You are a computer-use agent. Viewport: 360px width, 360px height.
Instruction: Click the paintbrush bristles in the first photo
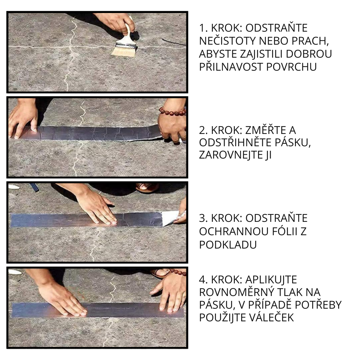point(124,51)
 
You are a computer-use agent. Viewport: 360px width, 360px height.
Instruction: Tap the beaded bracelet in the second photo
point(172,112)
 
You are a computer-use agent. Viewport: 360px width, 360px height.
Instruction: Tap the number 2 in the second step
point(202,130)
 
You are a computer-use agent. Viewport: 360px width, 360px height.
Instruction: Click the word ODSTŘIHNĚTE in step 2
point(234,143)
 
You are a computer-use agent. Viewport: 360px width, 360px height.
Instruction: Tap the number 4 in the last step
point(202,280)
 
